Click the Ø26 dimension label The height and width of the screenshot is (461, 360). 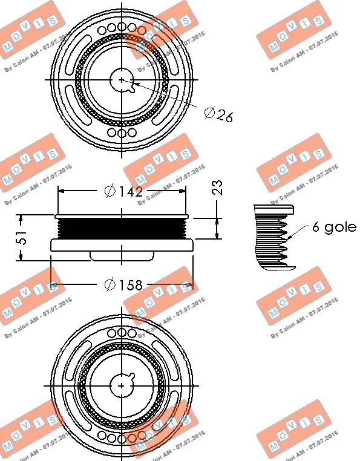tap(218, 114)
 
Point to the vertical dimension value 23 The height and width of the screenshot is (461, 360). tap(219, 188)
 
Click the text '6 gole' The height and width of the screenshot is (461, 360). tap(333, 227)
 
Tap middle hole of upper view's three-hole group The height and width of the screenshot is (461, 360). tap(122, 132)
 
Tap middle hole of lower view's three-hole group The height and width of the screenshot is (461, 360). tap(122, 332)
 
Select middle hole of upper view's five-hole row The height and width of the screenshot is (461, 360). tap(122, 28)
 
